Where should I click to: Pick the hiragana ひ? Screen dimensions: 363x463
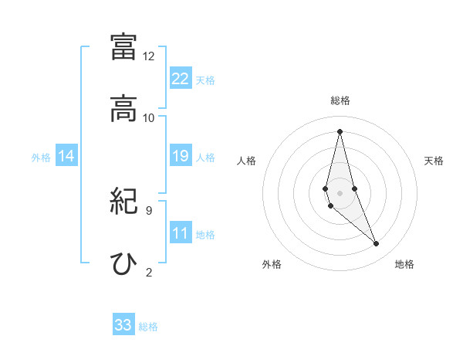[x=123, y=263]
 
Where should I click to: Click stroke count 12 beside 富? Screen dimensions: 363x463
[x=149, y=56]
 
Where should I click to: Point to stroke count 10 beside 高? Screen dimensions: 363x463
[x=149, y=117]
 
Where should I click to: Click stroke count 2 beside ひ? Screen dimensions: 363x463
[x=149, y=272]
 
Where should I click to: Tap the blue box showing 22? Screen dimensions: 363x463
[x=181, y=79]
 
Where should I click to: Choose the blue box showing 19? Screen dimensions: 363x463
[x=181, y=156]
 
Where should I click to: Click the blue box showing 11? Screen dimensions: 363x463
[x=181, y=233]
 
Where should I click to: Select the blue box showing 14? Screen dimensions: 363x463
[x=66, y=156]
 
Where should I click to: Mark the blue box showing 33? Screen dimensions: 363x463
[x=123, y=325]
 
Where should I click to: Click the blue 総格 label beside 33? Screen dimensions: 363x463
[x=148, y=327]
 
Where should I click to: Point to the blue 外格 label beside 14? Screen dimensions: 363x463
[x=41, y=158]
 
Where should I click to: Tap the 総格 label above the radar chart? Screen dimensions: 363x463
[x=340, y=100]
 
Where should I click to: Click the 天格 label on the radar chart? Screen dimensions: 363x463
[x=434, y=161]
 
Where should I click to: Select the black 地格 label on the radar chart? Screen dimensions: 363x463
[x=404, y=264]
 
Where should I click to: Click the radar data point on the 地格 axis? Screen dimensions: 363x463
[x=377, y=244]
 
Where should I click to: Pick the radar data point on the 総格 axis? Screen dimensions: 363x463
[x=340, y=131]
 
